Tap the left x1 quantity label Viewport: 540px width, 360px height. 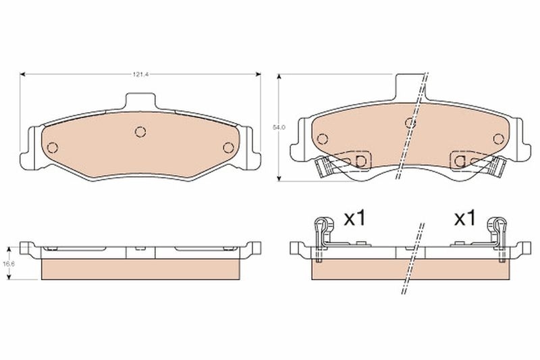[354, 218]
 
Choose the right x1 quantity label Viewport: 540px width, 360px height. [464, 218]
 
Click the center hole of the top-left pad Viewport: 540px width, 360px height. [140, 132]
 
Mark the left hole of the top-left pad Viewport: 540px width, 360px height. [53, 148]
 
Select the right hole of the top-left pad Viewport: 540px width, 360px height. [228, 148]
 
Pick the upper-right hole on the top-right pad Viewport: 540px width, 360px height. [498, 139]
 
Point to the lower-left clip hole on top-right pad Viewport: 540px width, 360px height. [360, 161]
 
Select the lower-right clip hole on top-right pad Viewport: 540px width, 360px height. [460, 161]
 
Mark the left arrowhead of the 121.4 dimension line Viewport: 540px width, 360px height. [24, 75]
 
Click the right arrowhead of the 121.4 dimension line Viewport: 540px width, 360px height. [258, 75]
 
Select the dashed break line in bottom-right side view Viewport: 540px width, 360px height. [412, 260]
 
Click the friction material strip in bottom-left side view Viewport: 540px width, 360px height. [140, 270]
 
